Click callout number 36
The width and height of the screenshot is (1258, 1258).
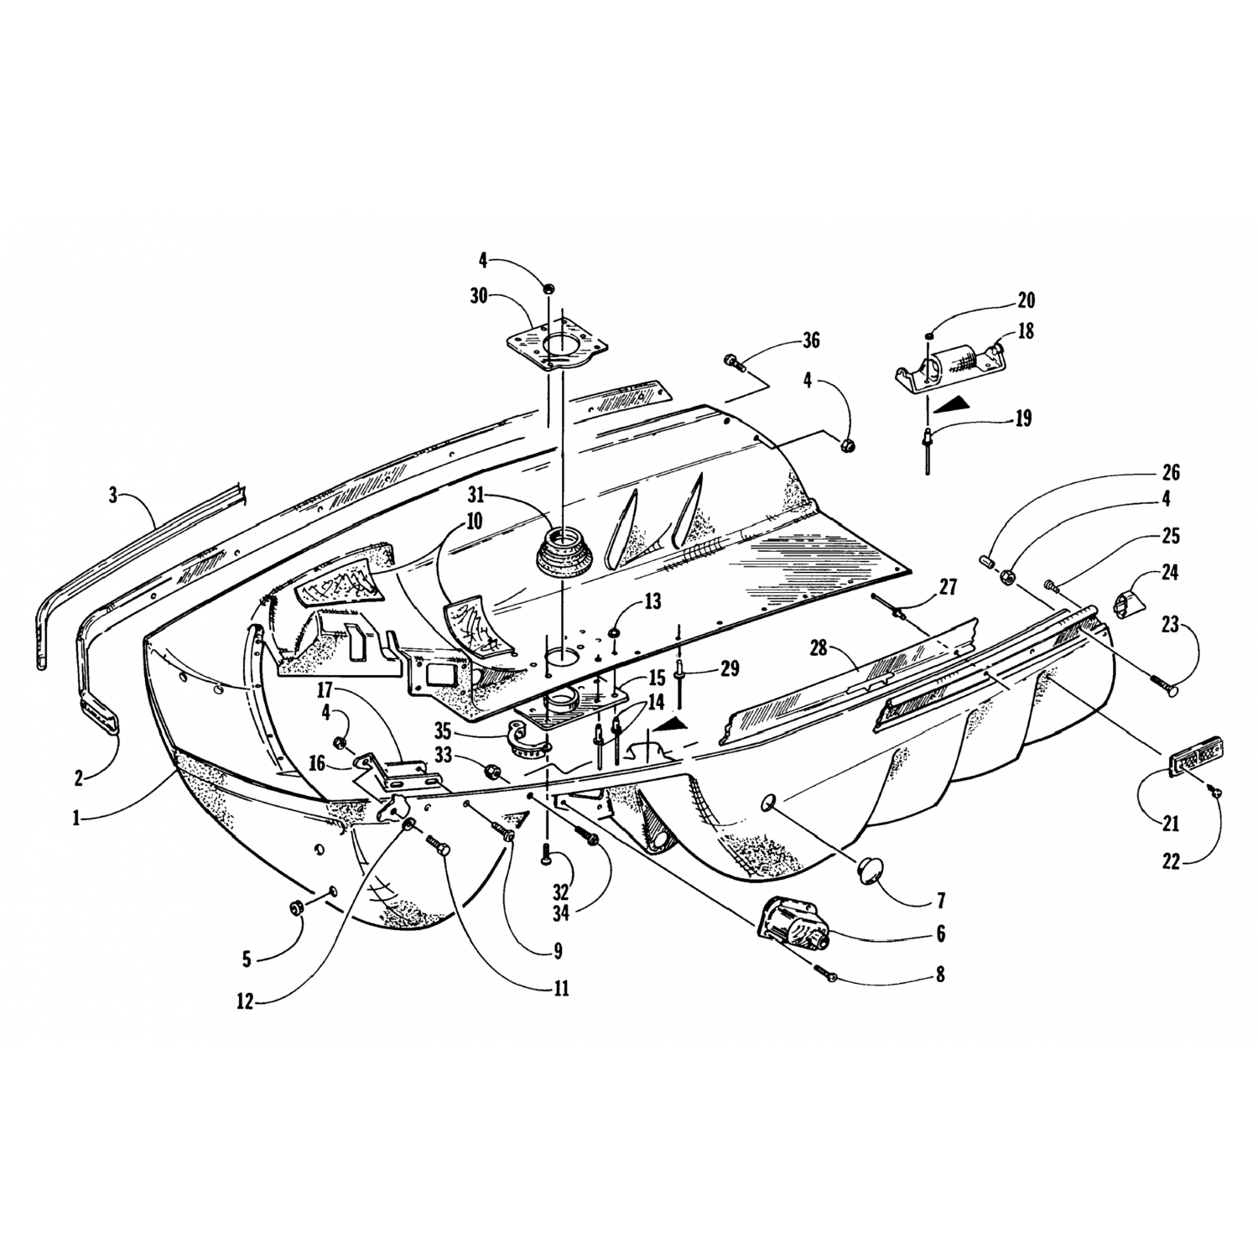pos(810,340)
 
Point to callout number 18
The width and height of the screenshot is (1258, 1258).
pos(1025,331)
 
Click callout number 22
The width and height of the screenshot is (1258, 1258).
pos(1171,861)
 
